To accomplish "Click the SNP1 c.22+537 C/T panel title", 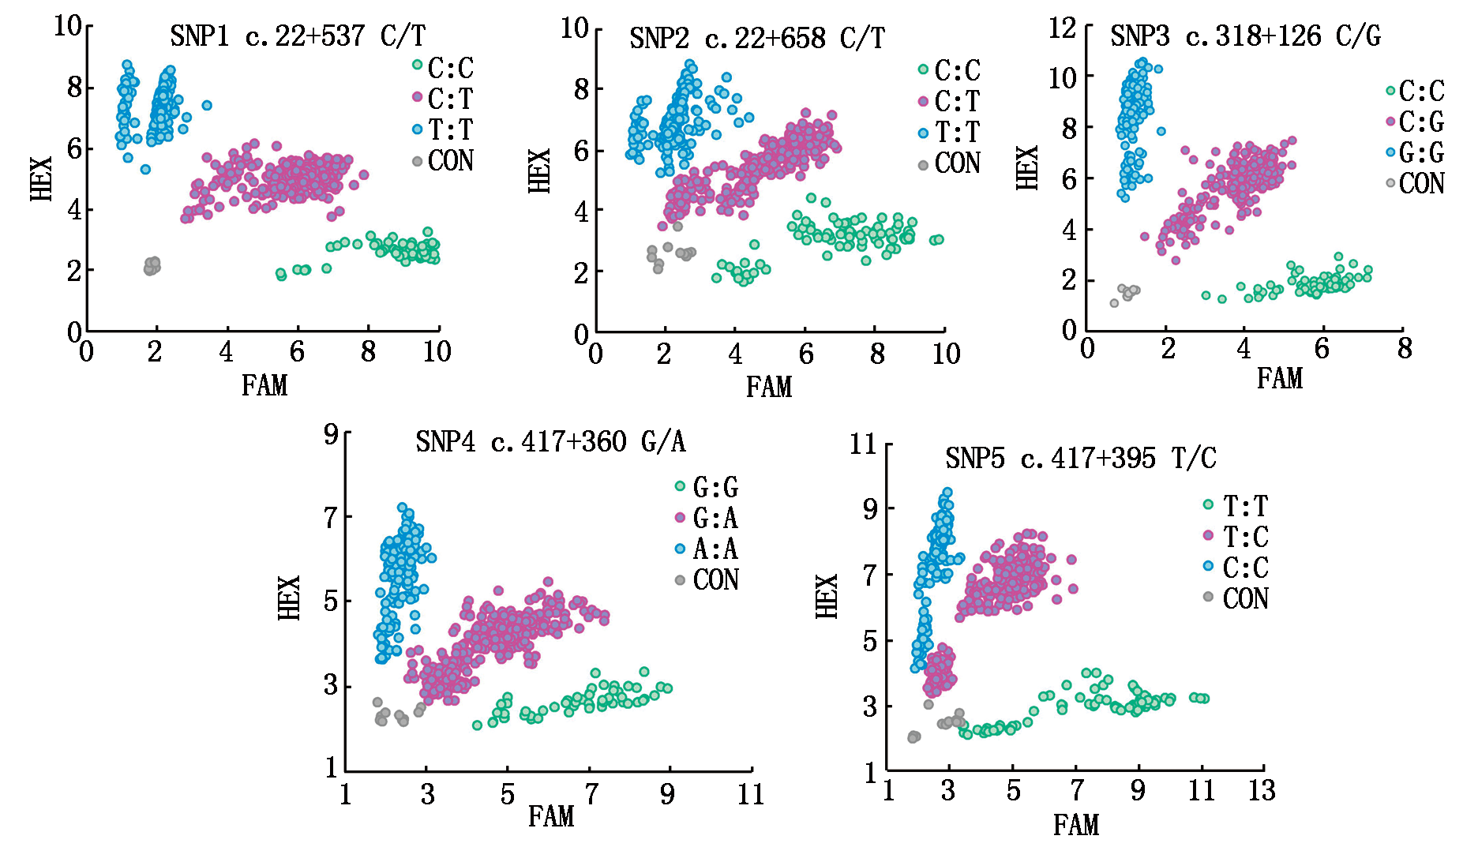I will point(298,36).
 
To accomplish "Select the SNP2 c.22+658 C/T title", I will point(757,39).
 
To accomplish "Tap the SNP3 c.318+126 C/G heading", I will point(1245,36).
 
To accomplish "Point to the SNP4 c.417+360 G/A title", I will point(550,442).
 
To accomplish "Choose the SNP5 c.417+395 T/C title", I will point(1081,459).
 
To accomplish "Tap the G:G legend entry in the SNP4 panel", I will point(715,488).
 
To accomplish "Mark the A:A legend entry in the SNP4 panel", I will point(715,549).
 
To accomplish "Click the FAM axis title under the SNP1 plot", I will point(264,386).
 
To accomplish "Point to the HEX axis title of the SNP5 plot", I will point(826,596).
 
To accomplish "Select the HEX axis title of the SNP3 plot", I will point(1027,168).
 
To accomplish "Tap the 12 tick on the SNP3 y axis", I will point(1063,28).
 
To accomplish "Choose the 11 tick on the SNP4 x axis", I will point(751,795).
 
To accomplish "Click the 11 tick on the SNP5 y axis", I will point(864,444).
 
